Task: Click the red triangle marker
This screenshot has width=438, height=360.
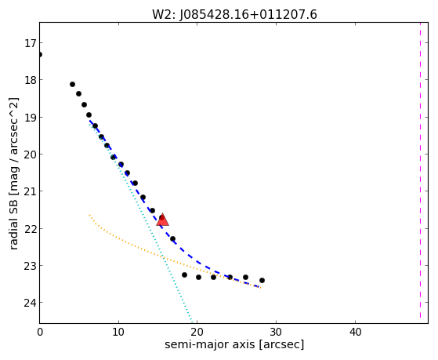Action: [x=162, y=220]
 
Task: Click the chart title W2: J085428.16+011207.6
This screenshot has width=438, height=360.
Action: [x=234, y=15]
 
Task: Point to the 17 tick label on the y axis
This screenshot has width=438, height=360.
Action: [x=31, y=43]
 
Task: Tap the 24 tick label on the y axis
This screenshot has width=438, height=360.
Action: [x=30, y=303]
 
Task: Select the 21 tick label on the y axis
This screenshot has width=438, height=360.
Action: [x=30, y=191]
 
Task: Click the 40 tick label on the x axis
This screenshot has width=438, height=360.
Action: [x=355, y=332]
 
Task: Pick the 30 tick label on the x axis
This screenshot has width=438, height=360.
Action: [x=276, y=332]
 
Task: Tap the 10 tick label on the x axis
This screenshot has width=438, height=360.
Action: [x=118, y=332]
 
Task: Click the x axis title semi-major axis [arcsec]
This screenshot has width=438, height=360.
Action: [x=234, y=344]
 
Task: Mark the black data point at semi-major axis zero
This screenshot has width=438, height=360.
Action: [x=40, y=54]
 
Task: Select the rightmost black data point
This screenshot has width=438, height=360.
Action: [x=262, y=280]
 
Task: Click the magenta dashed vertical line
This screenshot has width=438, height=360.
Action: [x=420, y=170]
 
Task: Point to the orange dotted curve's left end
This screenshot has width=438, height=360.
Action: [x=89, y=215]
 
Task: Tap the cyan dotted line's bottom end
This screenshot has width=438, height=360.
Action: [x=192, y=321]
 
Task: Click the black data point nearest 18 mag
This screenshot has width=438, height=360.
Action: [x=72, y=84]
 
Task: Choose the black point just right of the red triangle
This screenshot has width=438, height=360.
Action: [x=172, y=238]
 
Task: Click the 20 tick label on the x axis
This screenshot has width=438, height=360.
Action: [x=197, y=332]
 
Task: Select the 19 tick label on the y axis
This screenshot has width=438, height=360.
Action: [x=30, y=118]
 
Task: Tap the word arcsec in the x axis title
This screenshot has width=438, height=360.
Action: [x=281, y=344]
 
